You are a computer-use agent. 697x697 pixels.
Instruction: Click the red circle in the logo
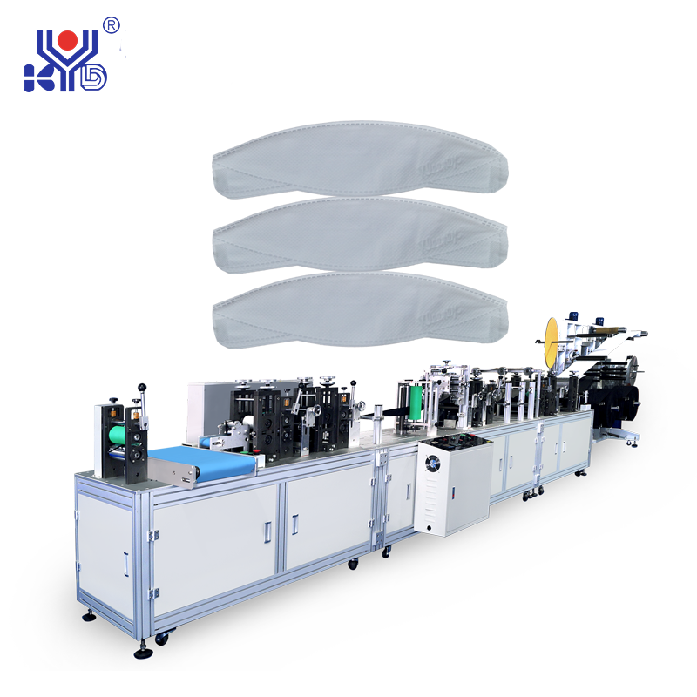(68, 40)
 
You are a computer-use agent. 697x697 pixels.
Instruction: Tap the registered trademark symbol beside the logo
(112, 25)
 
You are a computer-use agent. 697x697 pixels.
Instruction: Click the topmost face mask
(360, 159)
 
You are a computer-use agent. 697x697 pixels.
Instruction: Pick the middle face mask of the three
(360, 234)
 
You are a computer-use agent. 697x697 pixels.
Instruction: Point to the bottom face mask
(360, 309)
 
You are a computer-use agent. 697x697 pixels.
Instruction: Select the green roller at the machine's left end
(117, 435)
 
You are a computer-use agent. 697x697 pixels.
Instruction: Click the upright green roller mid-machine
(415, 403)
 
